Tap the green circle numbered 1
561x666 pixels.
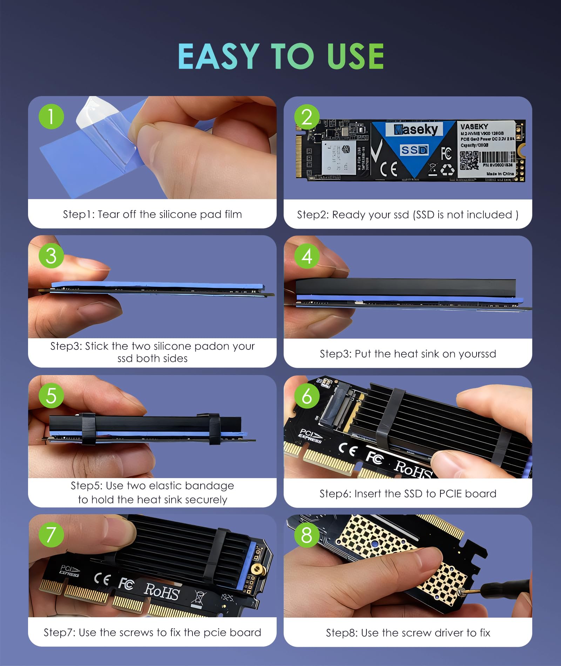tap(51, 117)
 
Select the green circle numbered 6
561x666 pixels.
tap(307, 396)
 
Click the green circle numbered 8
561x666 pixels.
tap(307, 535)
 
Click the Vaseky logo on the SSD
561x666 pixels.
tap(416, 130)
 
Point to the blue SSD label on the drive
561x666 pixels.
tap(414, 150)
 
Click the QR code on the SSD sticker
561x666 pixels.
tap(469, 161)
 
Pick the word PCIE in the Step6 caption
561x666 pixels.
tap(451, 494)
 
